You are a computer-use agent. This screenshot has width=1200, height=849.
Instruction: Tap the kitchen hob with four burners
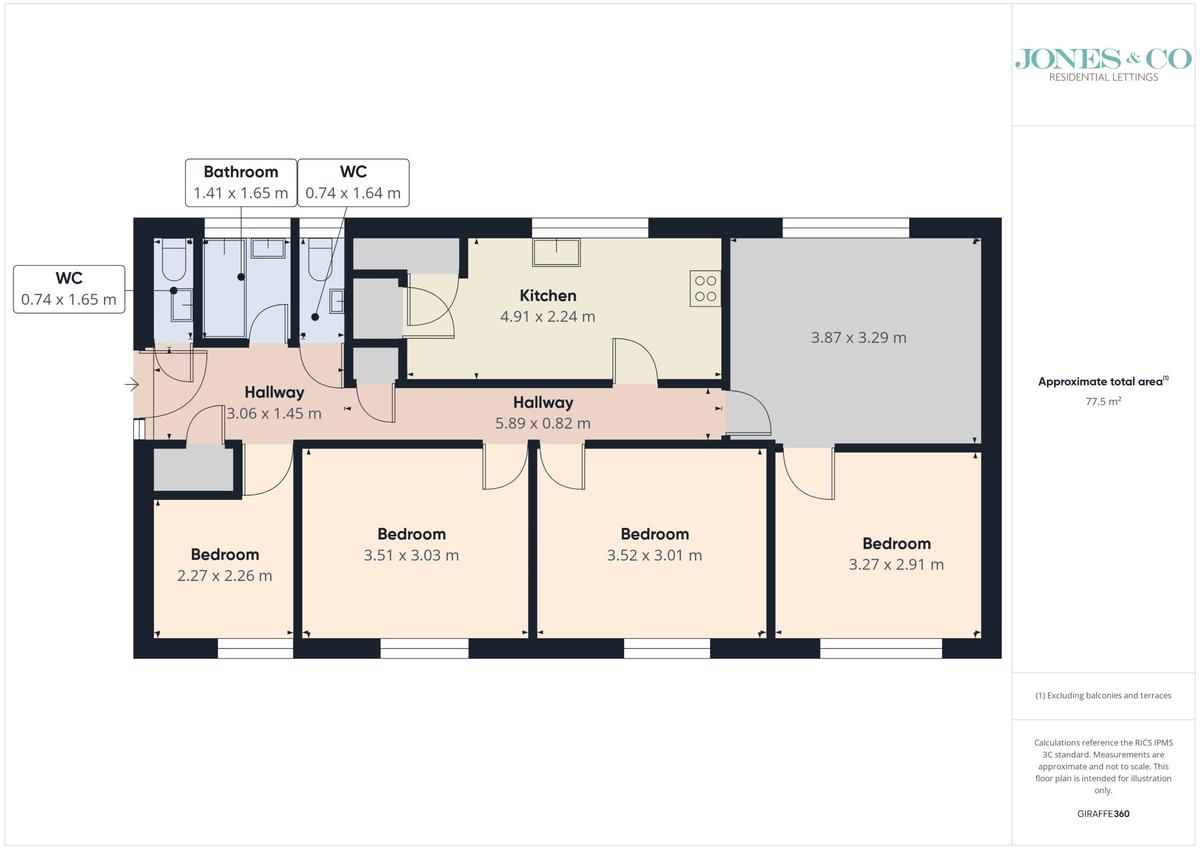pos(705,288)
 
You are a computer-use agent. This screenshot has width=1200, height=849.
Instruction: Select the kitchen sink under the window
pos(556,252)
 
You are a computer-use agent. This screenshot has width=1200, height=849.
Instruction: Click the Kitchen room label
pos(548,295)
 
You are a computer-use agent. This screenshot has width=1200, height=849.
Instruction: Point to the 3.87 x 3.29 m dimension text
pos(858,337)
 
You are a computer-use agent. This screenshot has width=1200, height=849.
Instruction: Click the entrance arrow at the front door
pos(132,384)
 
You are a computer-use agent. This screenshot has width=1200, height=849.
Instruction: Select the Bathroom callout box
pos(241,183)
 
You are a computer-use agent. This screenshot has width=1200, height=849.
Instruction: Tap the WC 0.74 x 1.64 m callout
pos(353,183)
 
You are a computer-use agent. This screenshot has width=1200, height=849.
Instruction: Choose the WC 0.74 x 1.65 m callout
pos(69,289)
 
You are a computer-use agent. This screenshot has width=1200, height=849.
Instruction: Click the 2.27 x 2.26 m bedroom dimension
pos(224,575)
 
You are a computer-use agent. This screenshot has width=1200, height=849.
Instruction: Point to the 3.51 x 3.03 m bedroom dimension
pos(411,555)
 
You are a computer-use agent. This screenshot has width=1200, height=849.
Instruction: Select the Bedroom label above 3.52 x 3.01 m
pos(654,534)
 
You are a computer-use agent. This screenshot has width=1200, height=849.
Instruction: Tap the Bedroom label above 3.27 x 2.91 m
pos(896,543)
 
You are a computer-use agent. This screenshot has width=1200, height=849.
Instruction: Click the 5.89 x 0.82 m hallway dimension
pos(543,423)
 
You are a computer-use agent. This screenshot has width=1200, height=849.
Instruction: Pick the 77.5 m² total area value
pos(1103,401)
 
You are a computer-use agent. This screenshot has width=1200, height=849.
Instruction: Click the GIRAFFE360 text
pos(1103,814)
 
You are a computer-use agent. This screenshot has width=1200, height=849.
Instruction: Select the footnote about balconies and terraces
pos(1103,695)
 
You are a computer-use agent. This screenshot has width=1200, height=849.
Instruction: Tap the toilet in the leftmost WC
pos(174,259)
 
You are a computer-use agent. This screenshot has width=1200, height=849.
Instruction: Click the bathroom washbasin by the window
pos(268,249)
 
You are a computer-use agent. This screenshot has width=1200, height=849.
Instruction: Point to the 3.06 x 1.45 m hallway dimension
pos(274,413)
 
